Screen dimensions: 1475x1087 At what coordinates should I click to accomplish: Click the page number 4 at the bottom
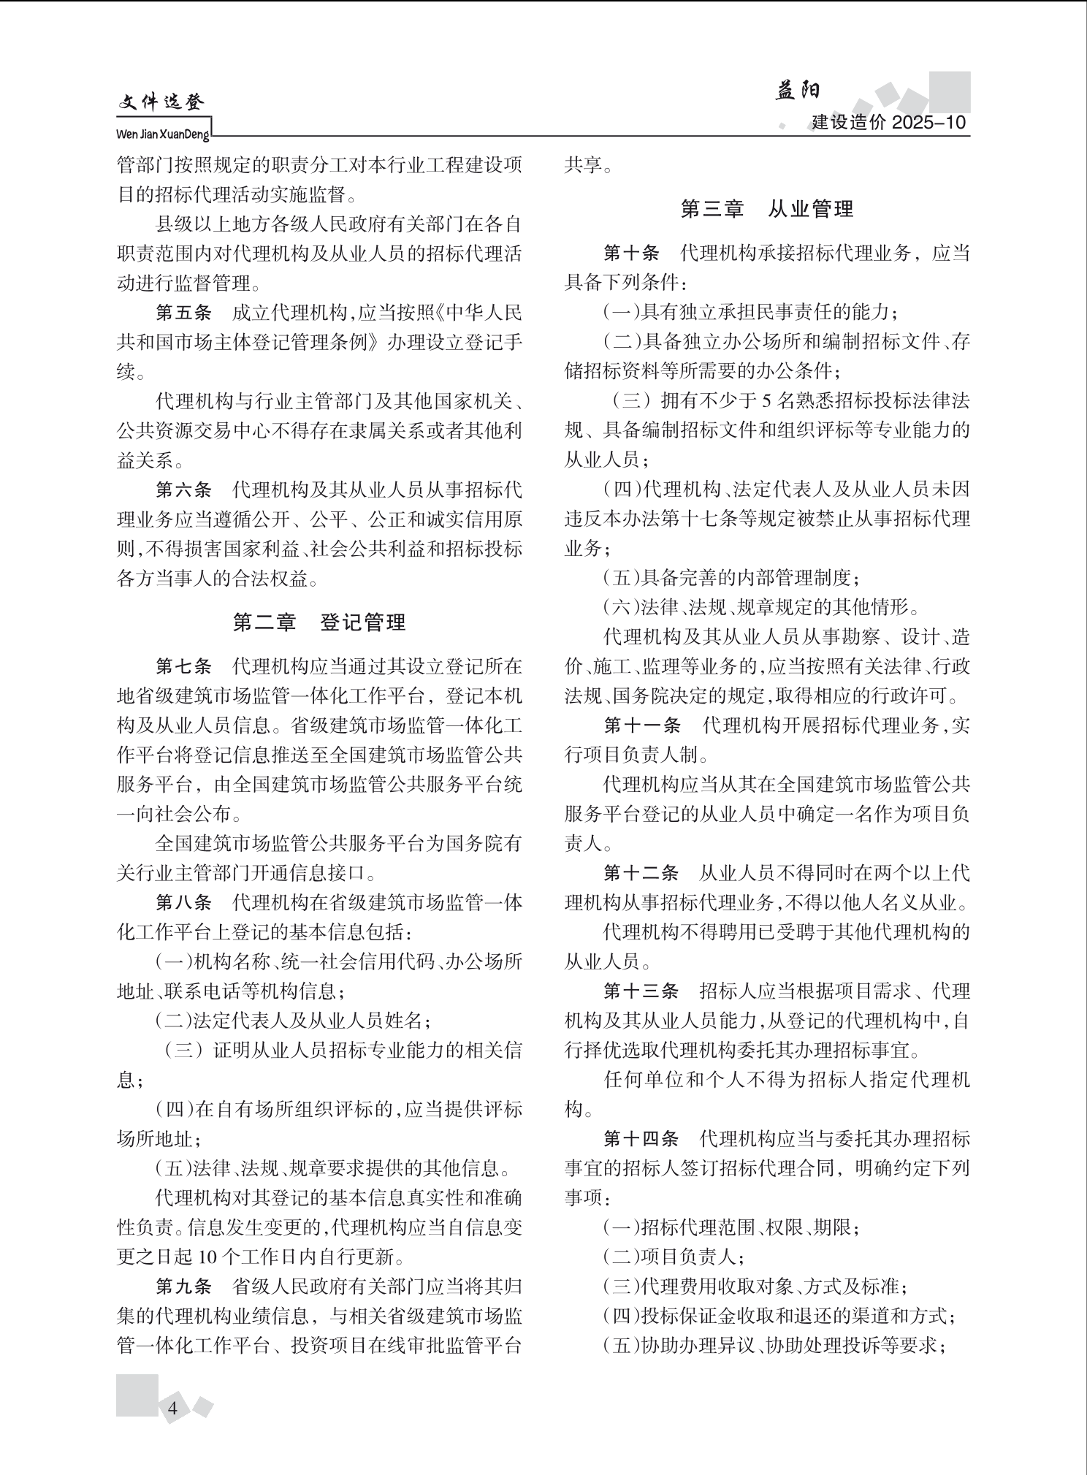(x=173, y=1409)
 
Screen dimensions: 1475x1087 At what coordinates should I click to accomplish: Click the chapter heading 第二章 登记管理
(x=319, y=622)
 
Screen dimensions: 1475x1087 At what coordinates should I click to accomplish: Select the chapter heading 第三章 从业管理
(x=767, y=210)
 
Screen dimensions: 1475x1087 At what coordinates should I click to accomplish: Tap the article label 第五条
(x=183, y=313)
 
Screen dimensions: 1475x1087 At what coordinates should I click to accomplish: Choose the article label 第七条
(x=183, y=667)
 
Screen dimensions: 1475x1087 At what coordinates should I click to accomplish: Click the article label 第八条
(x=183, y=903)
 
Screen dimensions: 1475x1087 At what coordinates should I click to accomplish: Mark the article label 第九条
(x=183, y=1286)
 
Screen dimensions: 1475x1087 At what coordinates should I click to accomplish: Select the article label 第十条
(x=631, y=254)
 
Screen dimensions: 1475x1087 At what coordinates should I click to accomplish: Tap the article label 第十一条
(x=642, y=725)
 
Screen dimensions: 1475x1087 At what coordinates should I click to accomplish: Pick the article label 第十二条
(x=641, y=873)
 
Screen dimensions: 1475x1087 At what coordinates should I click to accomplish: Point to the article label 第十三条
(x=641, y=991)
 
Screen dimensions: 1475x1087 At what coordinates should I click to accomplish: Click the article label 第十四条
(x=641, y=1139)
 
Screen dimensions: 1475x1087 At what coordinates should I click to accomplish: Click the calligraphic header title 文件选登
(x=161, y=103)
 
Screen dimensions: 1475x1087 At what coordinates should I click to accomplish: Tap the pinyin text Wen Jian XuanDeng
(x=163, y=135)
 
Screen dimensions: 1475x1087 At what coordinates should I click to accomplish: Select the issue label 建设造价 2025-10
(x=888, y=122)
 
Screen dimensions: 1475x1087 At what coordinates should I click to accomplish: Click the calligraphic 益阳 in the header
(x=797, y=91)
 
